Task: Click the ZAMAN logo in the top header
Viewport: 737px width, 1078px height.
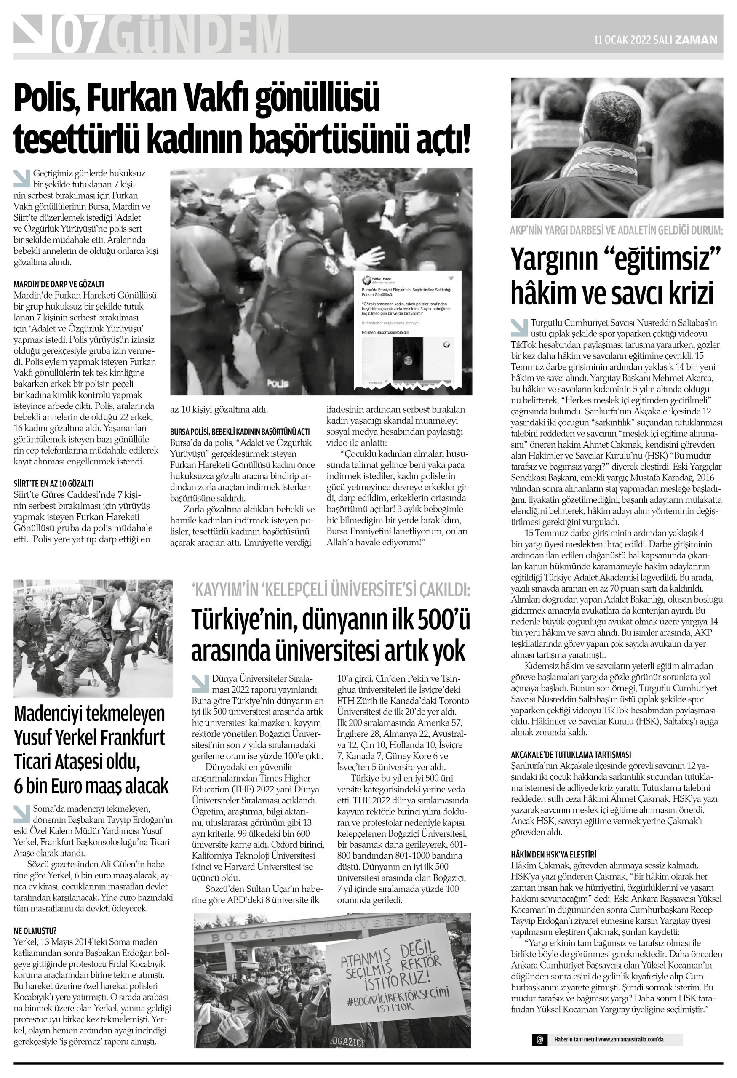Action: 696,40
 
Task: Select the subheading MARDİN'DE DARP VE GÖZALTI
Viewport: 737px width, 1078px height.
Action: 59,284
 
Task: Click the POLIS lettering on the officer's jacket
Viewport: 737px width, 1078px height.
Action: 278,384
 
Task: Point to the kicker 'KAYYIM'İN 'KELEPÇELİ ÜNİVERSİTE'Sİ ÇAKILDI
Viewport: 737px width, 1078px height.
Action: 331,590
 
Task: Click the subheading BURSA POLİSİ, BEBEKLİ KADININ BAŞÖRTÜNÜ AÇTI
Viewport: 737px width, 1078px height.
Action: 240,431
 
